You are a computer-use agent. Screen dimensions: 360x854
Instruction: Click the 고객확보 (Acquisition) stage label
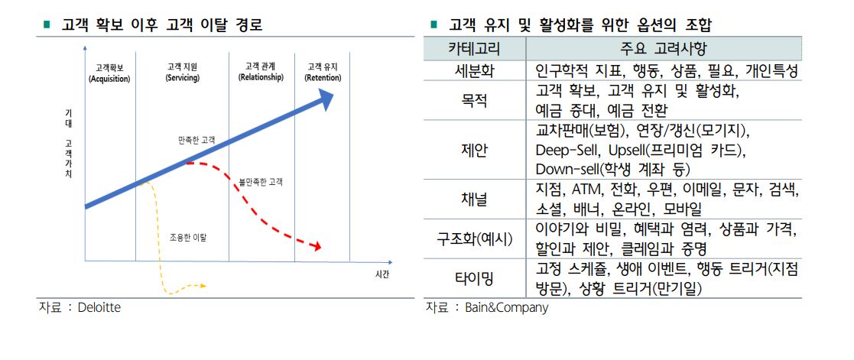click(x=109, y=73)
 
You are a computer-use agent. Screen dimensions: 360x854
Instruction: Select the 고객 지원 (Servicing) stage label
click(x=182, y=73)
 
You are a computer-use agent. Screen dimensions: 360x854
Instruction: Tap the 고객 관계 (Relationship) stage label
click(x=261, y=72)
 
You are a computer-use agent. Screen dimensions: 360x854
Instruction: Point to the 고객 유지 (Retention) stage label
click(x=323, y=73)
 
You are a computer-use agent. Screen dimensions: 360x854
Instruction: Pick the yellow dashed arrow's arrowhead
click(x=202, y=286)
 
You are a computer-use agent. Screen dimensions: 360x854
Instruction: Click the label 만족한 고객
click(x=196, y=140)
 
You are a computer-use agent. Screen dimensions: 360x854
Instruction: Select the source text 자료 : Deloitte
click(x=80, y=307)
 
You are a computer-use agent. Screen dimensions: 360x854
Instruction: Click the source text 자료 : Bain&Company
click(x=486, y=308)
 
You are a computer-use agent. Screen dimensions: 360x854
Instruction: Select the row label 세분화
click(x=474, y=72)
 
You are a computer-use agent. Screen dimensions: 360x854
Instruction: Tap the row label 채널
click(x=474, y=199)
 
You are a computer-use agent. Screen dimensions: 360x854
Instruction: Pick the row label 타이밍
click(x=474, y=279)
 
